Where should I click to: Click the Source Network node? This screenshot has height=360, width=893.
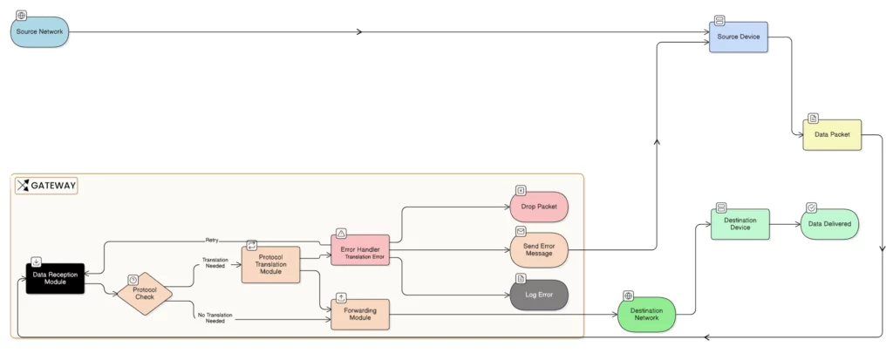click(x=39, y=32)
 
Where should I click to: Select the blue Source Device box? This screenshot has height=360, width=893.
click(x=738, y=37)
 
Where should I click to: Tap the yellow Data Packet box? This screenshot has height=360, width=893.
click(x=832, y=135)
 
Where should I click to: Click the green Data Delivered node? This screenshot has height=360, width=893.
click(x=829, y=224)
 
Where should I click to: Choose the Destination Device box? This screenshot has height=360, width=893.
click(x=740, y=225)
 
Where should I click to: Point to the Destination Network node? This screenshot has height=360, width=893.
click(x=646, y=314)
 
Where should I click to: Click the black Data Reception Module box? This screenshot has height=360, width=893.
click(x=55, y=279)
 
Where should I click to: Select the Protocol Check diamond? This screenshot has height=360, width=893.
click(x=145, y=294)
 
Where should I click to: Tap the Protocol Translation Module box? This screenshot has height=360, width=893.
click(x=270, y=264)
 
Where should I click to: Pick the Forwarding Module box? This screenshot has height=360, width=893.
click(x=360, y=314)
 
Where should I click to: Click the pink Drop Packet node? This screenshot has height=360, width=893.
click(x=539, y=207)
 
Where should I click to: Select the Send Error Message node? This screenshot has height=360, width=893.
click(x=539, y=250)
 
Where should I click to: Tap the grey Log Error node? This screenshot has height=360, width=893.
click(x=539, y=295)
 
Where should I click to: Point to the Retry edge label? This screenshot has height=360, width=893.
click(x=212, y=240)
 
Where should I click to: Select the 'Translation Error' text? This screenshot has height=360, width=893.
click(x=364, y=257)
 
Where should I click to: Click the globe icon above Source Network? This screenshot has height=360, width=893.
click(x=22, y=16)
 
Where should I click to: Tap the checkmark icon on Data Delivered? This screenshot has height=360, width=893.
click(x=812, y=208)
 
